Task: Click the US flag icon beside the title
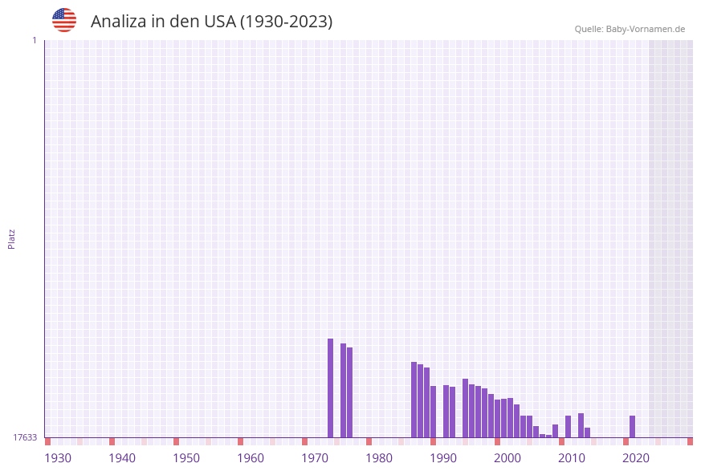point(64,20)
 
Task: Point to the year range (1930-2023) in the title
point(286,22)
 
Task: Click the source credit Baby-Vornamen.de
point(630,29)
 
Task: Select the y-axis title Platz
point(11,238)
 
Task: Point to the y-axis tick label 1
point(34,40)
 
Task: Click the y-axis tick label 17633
point(25,437)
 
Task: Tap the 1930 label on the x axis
point(58,458)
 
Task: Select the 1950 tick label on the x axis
point(186,458)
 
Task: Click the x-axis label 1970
point(315,458)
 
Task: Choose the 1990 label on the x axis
point(443,458)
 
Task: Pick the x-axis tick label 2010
point(572,458)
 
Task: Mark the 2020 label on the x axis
point(636,458)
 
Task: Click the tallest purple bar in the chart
point(330,388)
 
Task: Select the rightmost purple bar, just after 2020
point(633,426)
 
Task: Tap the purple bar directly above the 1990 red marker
point(434,412)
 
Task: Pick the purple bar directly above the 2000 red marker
point(498,418)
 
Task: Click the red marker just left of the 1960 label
point(240,441)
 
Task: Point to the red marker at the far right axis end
point(690,441)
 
